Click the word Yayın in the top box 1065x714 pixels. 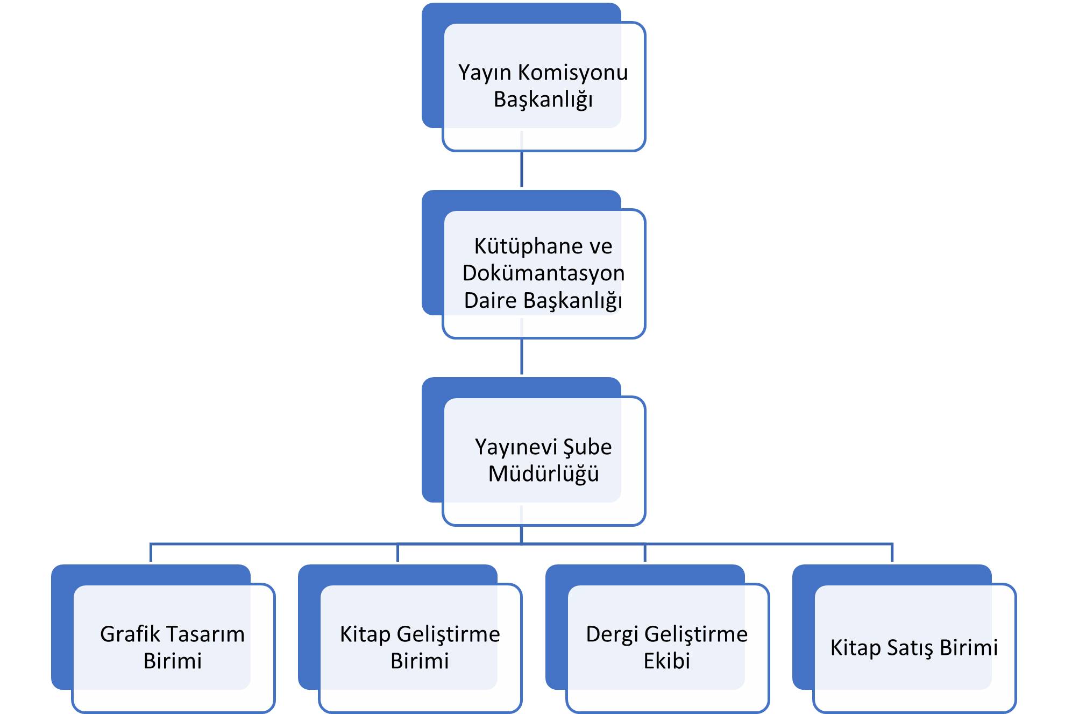click(480, 73)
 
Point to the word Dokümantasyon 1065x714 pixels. click(543, 273)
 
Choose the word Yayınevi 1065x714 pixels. click(516, 447)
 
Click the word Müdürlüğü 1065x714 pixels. click(543, 474)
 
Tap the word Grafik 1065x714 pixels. click(130, 634)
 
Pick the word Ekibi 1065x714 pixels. click(666, 661)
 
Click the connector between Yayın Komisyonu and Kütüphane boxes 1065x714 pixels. click(522, 169)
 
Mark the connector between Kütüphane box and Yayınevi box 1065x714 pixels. click(522, 357)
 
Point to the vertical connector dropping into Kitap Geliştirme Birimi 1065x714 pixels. click(397, 553)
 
